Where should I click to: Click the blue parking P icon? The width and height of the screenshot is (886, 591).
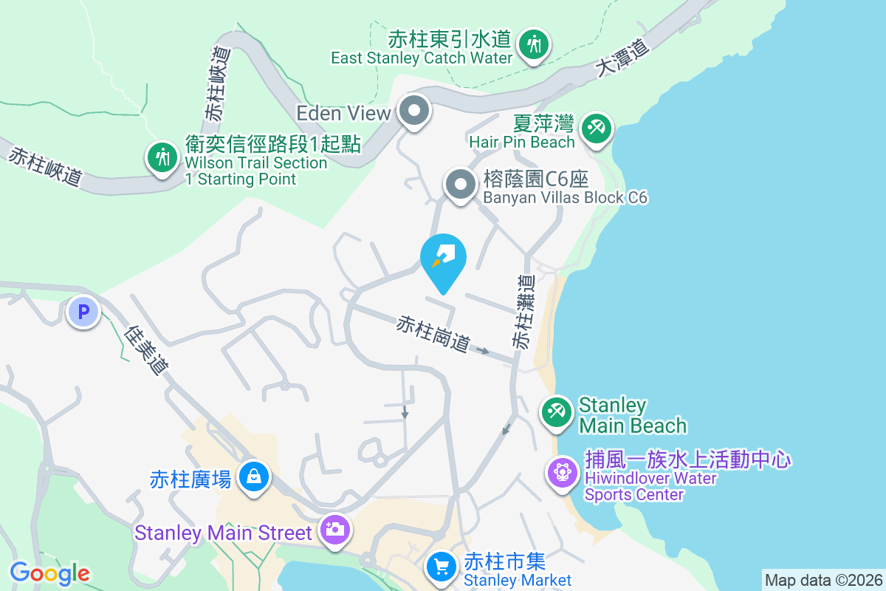coord(83,312)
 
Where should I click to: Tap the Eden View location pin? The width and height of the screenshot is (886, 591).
coord(414,112)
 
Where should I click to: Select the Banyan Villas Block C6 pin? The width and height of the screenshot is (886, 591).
coord(461,184)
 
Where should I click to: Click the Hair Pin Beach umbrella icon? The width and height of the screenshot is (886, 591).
coord(594,128)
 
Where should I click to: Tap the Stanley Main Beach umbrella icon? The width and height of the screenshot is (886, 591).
coord(557,412)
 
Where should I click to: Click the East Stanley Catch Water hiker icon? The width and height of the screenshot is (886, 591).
coord(532,44)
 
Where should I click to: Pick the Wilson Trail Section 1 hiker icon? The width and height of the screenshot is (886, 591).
coord(161,157)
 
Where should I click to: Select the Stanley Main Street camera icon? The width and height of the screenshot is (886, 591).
coord(334,530)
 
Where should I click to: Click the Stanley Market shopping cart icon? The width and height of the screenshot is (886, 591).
coord(442,567)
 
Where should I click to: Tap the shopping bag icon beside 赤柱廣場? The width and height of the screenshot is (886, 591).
coord(254,477)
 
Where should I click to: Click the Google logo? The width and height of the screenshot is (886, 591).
coord(49,573)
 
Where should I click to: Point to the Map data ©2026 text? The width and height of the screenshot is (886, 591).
coord(823,581)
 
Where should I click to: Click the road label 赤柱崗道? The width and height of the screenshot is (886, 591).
coord(433,334)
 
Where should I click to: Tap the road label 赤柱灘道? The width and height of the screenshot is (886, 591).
coord(523,312)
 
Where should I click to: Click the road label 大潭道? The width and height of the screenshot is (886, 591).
coord(623,58)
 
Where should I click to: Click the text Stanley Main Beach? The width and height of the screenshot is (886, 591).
coord(632,415)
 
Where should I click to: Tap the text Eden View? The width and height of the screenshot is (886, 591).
coord(343,113)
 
